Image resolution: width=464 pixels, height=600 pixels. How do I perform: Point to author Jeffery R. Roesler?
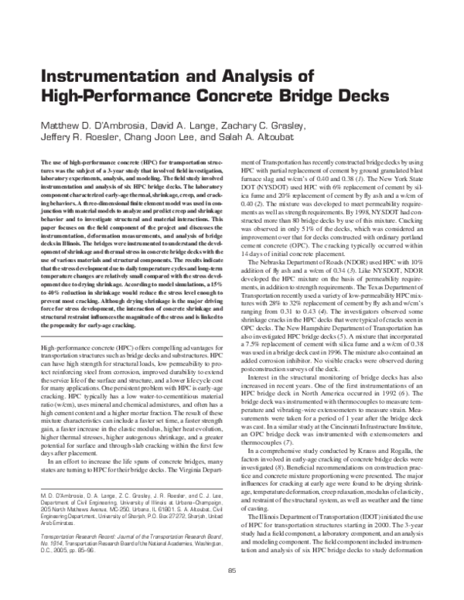(x=80, y=138)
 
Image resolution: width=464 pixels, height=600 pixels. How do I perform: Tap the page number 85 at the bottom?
(x=231, y=570)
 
